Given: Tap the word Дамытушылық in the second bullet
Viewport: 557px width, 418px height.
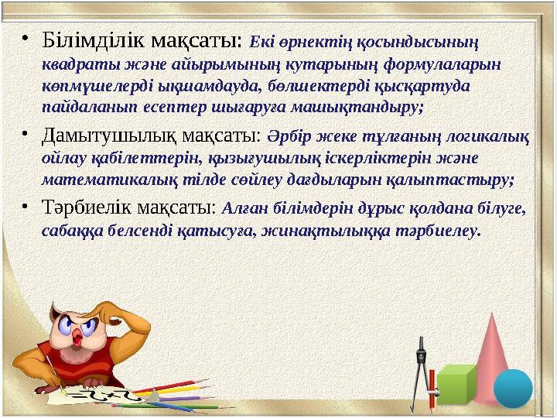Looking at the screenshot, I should [97, 137].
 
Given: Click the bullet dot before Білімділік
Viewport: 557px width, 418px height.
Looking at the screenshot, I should [26, 38].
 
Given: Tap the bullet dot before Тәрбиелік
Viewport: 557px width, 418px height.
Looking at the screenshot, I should [26, 208].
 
